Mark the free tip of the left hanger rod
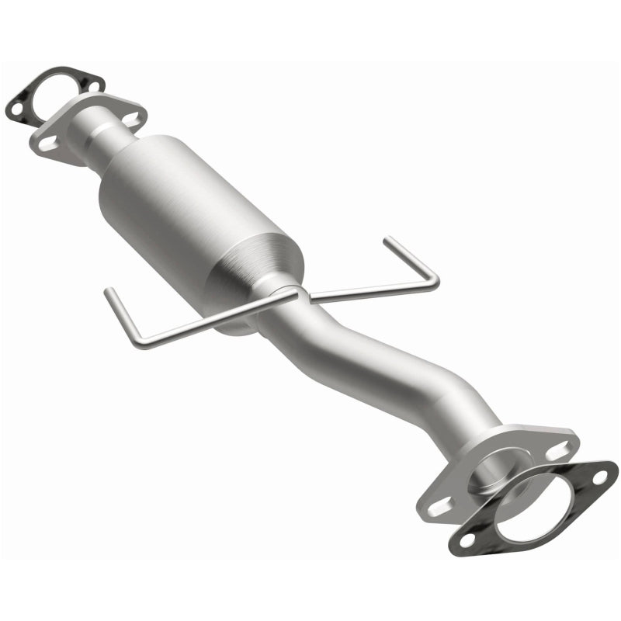(x=108, y=291)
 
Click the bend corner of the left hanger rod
(x=136, y=342)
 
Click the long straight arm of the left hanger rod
(x=210, y=318)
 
